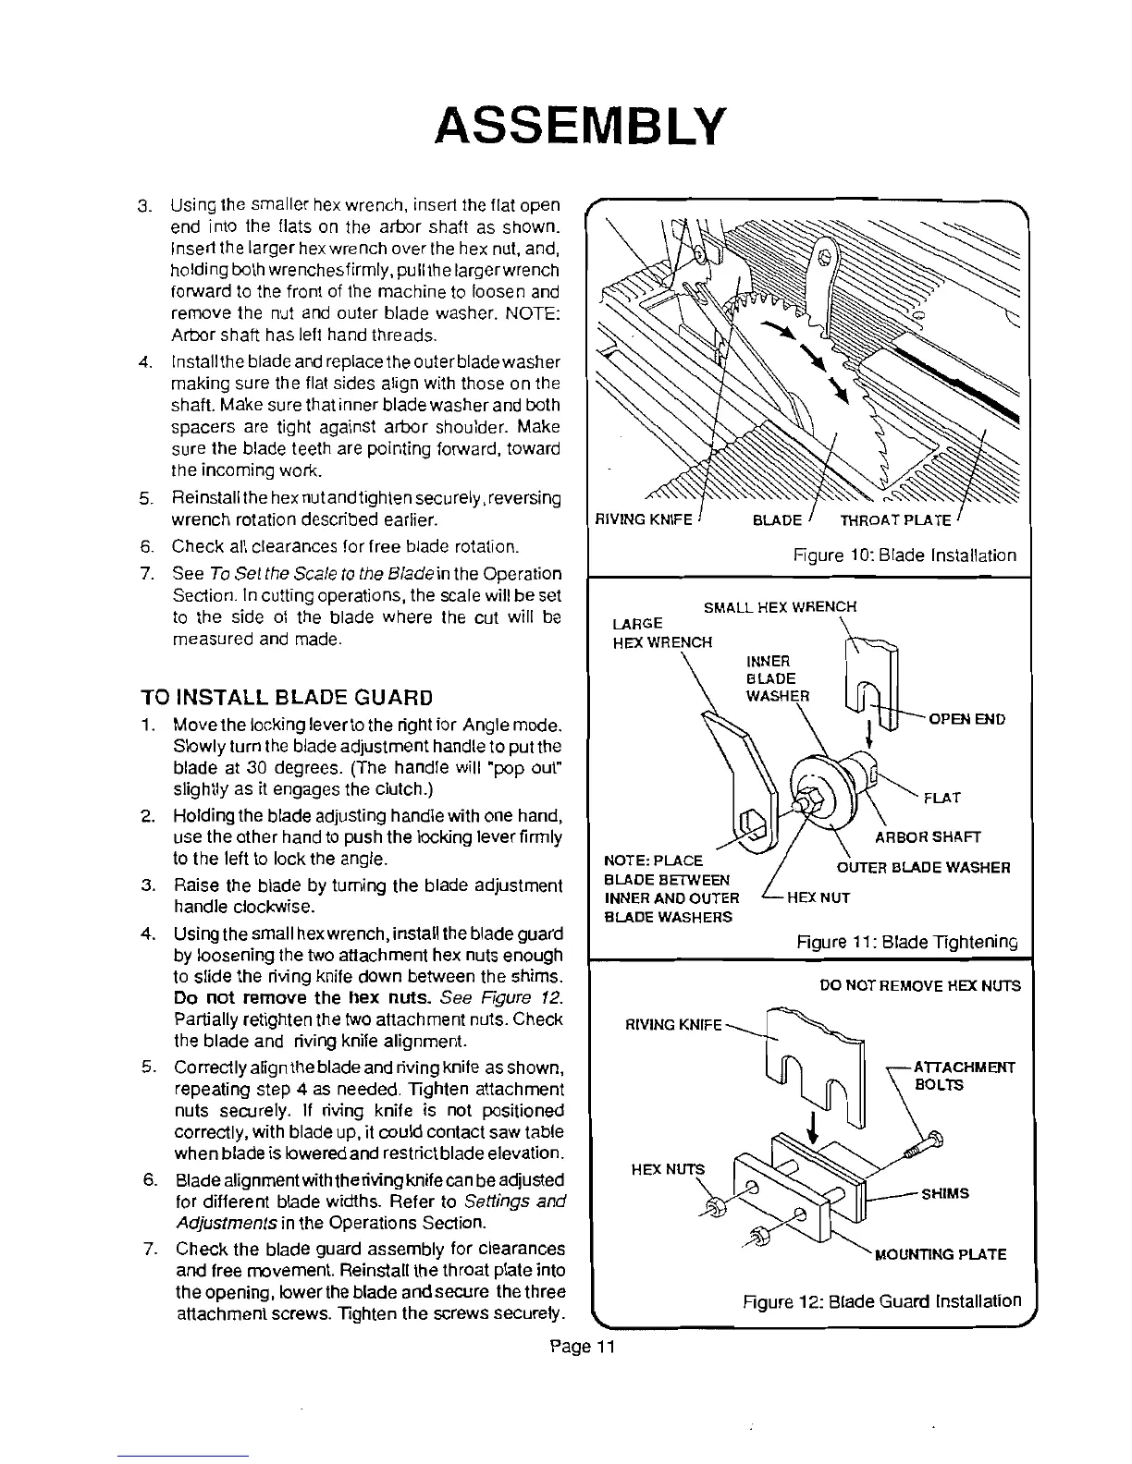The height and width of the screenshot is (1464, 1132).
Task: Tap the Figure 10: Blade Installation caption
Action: (x=904, y=555)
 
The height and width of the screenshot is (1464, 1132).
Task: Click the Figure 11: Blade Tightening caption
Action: (x=906, y=943)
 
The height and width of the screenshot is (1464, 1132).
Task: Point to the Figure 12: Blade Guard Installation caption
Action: (x=882, y=1301)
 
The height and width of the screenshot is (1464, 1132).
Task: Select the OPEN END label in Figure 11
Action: (x=967, y=719)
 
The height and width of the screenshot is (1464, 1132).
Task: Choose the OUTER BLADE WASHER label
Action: (x=923, y=868)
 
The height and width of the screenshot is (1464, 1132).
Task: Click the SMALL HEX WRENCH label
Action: (x=780, y=607)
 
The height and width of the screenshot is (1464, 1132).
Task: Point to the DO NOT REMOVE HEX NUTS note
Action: (x=919, y=986)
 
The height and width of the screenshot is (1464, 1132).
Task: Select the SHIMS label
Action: (x=944, y=1193)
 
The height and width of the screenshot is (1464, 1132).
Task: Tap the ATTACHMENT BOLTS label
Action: (x=964, y=1076)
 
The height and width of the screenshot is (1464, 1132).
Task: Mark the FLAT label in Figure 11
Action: (x=941, y=798)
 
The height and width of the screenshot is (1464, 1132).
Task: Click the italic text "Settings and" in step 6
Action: (x=518, y=1202)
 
